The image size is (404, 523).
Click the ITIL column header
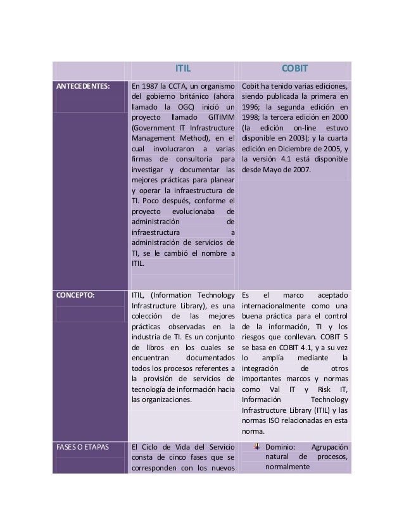(182, 69)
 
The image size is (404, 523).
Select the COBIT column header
(294, 69)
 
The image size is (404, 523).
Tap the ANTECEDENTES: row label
(82, 85)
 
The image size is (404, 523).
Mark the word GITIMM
(221, 120)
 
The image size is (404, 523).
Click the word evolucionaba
(194, 211)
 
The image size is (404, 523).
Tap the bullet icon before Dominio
(256, 448)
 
